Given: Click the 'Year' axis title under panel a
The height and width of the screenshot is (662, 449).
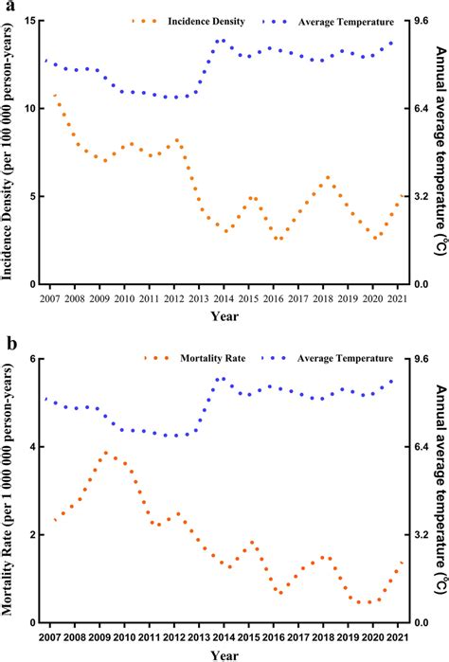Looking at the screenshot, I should [224, 315].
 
